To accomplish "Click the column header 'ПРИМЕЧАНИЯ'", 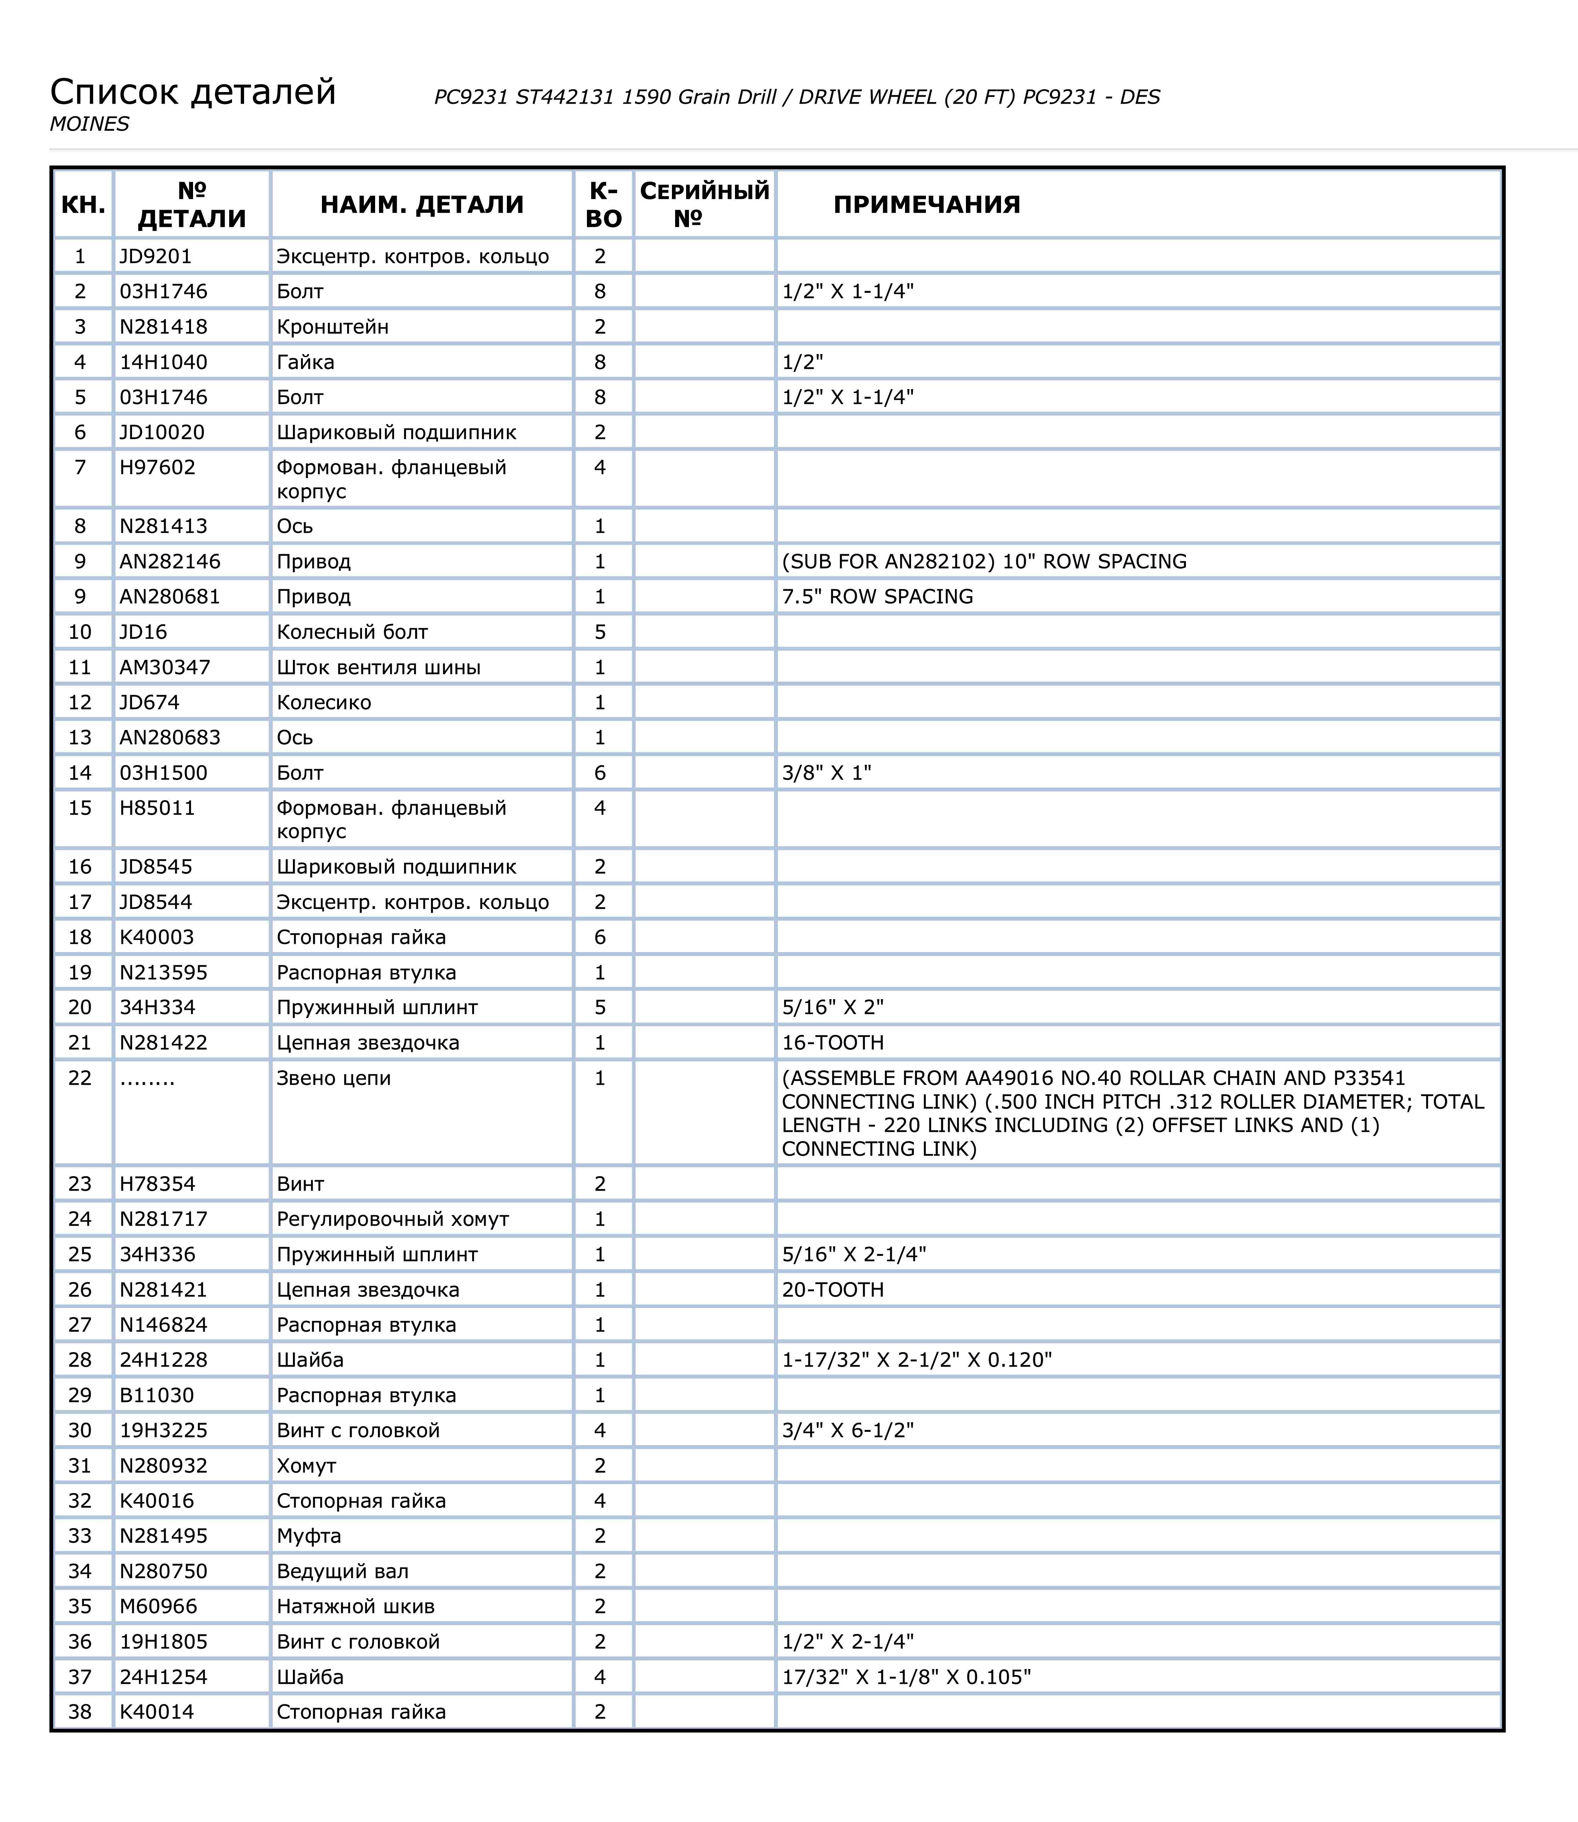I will [x=926, y=205].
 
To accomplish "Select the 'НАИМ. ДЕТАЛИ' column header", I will [x=422, y=205].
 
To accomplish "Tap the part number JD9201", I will [x=156, y=257].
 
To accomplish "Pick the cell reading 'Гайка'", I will [x=306, y=363].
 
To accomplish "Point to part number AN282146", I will [x=170, y=562].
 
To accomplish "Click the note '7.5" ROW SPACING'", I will [x=877, y=597].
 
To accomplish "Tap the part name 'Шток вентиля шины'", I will [x=379, y=667].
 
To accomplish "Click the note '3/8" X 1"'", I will [x=826, y=773].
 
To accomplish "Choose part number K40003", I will [x=157, y=938].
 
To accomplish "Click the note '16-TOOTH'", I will [x=832, y=1043].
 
